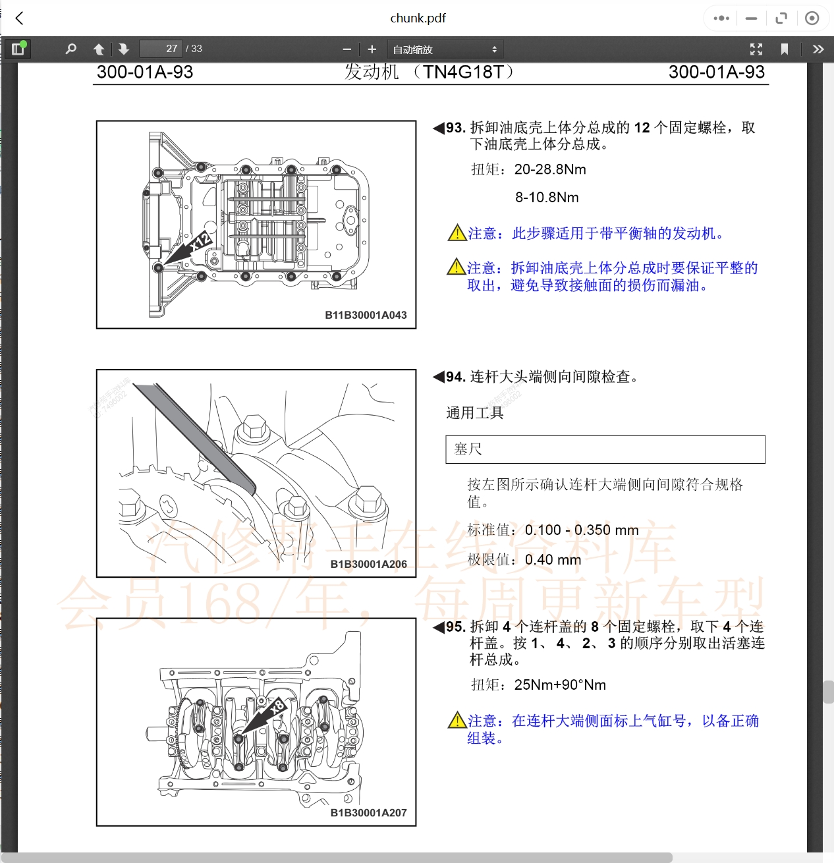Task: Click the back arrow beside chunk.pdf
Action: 20,18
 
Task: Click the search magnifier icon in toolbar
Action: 71,49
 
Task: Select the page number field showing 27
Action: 161,49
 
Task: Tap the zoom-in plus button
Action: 372,49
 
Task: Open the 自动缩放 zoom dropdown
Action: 445,49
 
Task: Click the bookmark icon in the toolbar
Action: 784,49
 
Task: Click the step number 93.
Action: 455,128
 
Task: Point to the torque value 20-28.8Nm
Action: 550,169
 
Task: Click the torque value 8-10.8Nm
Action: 547,198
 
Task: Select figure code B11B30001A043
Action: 366,315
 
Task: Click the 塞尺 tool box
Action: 605,449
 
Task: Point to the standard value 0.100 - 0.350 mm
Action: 582,530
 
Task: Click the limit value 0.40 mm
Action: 553,560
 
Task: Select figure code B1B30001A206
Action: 368,564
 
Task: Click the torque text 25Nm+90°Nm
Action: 560,685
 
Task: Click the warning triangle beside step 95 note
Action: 457,721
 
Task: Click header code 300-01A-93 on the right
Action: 716,72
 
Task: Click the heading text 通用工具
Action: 475,413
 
